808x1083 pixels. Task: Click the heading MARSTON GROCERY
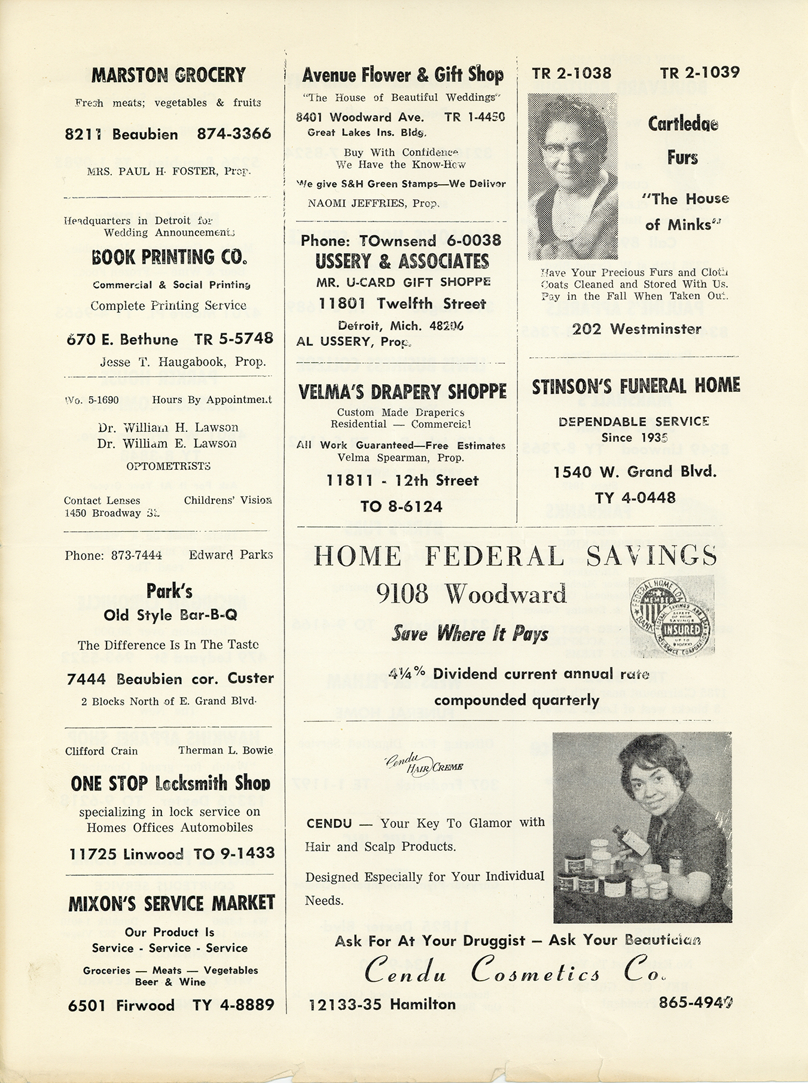(168, 75)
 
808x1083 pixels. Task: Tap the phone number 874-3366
(234, 134)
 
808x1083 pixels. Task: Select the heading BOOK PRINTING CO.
(169, 257)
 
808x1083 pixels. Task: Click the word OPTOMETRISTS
(168, 466)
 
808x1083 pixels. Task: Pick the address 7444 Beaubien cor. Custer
(170, 679)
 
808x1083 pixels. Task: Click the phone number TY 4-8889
(233, 1005)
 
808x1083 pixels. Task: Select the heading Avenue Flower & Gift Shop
(403, 75)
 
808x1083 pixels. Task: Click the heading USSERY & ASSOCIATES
(402, 261)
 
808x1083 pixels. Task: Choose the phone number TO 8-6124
(401, 507)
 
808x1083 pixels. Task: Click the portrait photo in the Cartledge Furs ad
(572, 176)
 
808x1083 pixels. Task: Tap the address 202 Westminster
(636, 328)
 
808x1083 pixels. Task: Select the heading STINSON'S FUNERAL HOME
(636, 386)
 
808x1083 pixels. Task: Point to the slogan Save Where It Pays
(469, 634)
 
